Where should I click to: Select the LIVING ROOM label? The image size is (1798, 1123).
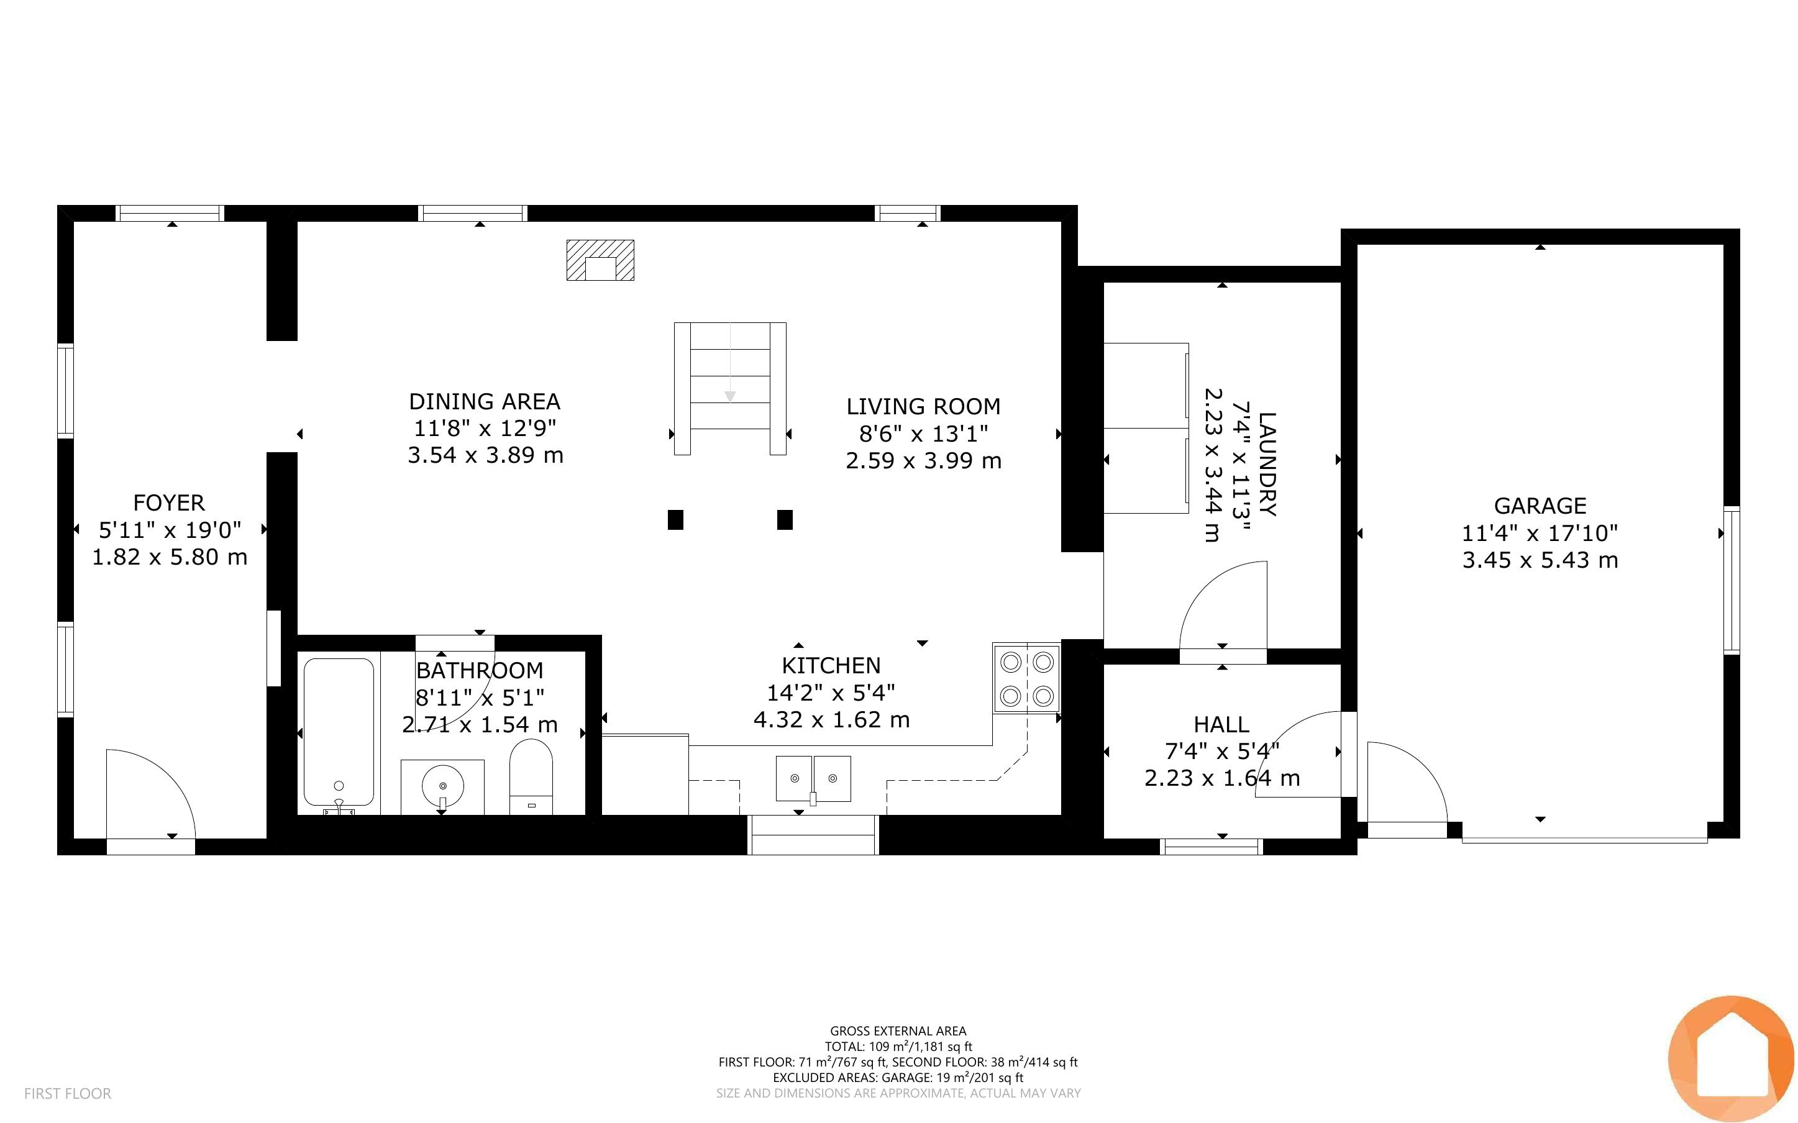[x=923, y=406]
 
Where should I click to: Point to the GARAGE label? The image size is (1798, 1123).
[x=1540, y=506]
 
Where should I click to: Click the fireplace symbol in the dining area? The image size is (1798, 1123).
[x=600, y=260]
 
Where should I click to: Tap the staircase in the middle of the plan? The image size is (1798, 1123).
[x=730, y=388]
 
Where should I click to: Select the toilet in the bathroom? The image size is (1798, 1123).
[x=531, y=776]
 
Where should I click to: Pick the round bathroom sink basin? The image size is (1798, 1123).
[x=442, y=785]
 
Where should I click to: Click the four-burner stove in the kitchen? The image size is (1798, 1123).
[x=1026, y=678]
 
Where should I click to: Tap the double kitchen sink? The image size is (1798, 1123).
[x=813, y=778]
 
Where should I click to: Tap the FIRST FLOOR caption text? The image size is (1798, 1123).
[x=68, y=1093]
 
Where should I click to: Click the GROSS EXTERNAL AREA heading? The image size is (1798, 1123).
[x=898, y=1031]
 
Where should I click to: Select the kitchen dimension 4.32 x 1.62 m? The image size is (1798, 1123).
[x=831, y=720]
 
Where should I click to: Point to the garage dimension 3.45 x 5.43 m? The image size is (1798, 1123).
[x=1540, y=560]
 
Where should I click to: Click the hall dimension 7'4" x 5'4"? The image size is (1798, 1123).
[x=1221, y=752]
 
